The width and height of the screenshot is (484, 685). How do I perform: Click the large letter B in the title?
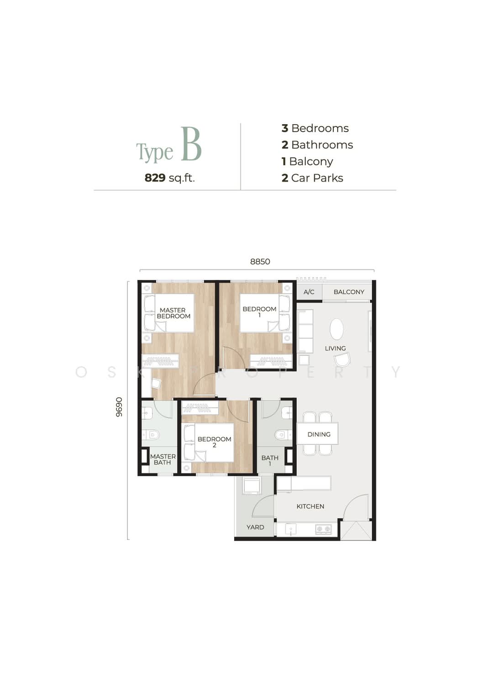tap(191, 144)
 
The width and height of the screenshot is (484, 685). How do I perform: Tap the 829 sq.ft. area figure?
tap(169, 178)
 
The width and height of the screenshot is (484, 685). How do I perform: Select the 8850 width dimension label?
tap(260, 262)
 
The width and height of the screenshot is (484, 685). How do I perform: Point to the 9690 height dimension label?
tap(119, 407)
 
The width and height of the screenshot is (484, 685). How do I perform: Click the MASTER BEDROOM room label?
tap(174, 313)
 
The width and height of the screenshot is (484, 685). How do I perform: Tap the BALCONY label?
tap(349, 292)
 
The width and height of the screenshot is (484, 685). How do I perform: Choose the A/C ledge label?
tap(309, 292)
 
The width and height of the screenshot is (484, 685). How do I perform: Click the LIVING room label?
tap(335, 348)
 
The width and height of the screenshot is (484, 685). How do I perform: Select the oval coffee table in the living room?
tap(337, 329)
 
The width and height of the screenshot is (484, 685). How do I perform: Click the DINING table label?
tap(319, 434)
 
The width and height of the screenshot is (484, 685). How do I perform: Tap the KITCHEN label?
tap(310, 506)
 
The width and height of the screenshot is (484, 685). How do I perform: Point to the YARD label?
tap(255, 527)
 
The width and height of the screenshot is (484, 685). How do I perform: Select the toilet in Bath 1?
tap(283, 435)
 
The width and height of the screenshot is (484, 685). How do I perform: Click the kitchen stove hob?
tap(323, 528)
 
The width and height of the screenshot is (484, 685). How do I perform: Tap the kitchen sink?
tap(290, 529)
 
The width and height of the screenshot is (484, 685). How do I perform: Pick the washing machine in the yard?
tap(251, 485)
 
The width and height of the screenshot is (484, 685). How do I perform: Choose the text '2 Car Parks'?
tap(312, 178)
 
